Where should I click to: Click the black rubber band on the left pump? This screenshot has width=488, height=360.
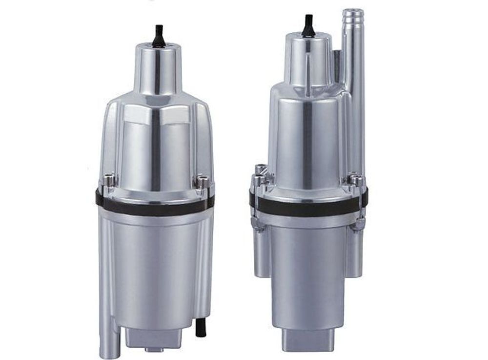click(155, 205)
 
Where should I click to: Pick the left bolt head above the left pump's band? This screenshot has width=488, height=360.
click(109, 181)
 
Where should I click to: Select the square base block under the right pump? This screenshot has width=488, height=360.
click(308, 339)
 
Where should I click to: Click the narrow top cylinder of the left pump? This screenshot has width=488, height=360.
click(158, 68)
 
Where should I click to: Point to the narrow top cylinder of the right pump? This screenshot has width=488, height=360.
click(307, 59)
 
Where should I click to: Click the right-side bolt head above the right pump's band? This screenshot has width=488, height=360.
click(355, 179)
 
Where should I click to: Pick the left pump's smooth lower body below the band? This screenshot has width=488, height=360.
click(155, 269)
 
